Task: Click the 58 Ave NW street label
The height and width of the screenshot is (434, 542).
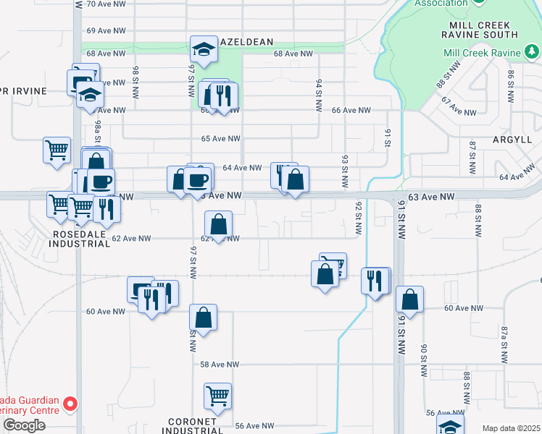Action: pyautogui.click(x=219, y=365)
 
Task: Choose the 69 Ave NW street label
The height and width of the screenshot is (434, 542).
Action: pyautogui.click(x=106, y=31)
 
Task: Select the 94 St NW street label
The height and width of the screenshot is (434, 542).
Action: pyautogui.click(x=318, y=95)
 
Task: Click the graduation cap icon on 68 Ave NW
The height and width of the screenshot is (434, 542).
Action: pyautogui.click(x=204, y=49)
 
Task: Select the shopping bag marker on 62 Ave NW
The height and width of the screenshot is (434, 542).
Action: pyautogui.click(x=217, y=225)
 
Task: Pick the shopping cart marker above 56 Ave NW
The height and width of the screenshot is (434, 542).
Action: pyautogui.click(x=217, y=396)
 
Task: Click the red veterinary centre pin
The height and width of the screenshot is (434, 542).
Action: pyautogui.click(x=70, y=404)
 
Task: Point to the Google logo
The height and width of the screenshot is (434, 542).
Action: pyautogui.click(x=24, y=425)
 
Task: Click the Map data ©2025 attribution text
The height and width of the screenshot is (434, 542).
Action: pyautogui.click(x=510, y=428)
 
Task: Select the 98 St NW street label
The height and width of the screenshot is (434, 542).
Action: pyautogui.click(x=135, y=81)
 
